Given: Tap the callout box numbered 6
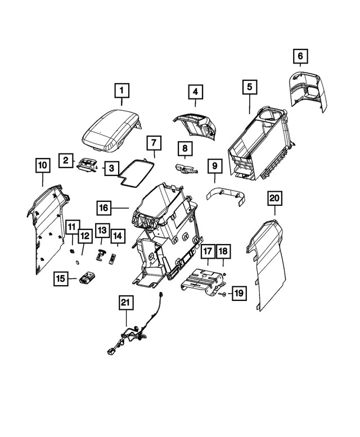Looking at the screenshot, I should click(300, 56).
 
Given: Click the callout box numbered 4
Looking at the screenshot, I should click(195, 91).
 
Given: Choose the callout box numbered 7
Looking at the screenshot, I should click(154, 142).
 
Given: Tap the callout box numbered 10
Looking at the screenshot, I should click(42, 165).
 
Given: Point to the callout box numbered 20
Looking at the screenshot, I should click(274, 198).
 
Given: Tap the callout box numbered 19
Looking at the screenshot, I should click(238, 293).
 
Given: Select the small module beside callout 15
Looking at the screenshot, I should click(88, 277).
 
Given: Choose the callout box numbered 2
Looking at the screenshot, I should click(66, 161).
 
